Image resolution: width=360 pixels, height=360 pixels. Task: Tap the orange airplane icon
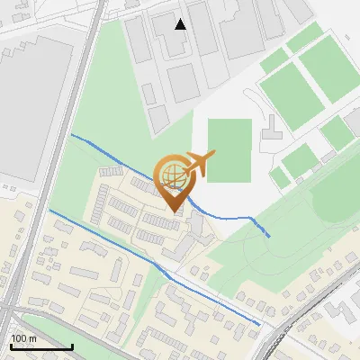click(200, 163)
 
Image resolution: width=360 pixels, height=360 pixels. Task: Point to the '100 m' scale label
click(23, 338)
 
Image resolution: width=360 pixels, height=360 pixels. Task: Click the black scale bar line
click(41, 346)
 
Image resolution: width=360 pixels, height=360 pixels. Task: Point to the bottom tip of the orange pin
click(173, 211)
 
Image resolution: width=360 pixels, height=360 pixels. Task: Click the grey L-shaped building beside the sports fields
click(271, 136)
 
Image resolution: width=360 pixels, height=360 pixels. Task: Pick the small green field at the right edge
click(338, 133)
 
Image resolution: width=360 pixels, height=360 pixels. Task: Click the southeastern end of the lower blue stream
click(260, 324)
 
